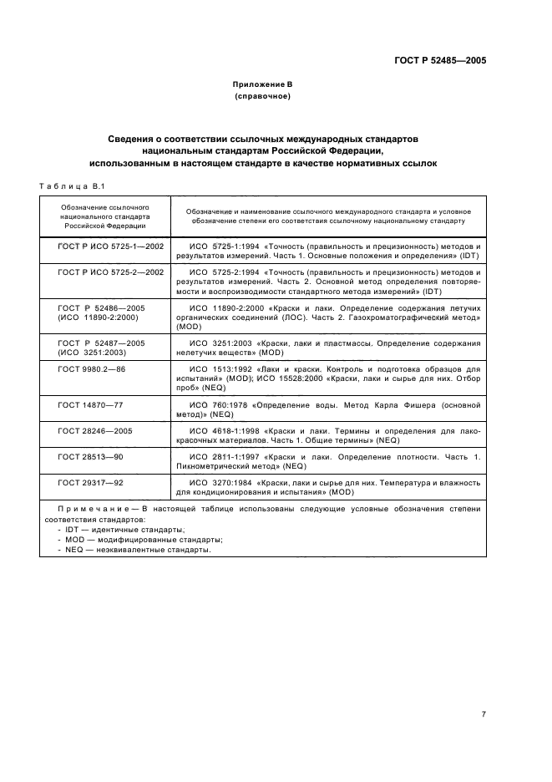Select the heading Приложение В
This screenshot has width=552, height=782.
(x=262, y=85)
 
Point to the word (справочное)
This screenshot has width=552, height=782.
(x=262, y=97)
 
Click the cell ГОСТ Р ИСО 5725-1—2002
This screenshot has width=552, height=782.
(x=110, y=247)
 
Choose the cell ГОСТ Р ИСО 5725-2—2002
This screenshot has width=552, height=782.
(x=110, y=272)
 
